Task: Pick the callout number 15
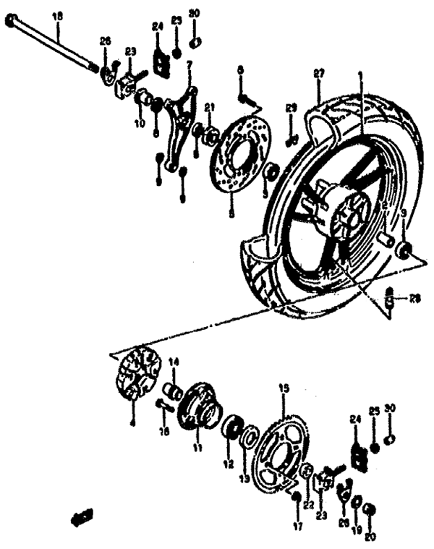(284, 388)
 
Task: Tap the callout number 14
(173, 361)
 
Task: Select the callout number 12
(229, 463)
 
